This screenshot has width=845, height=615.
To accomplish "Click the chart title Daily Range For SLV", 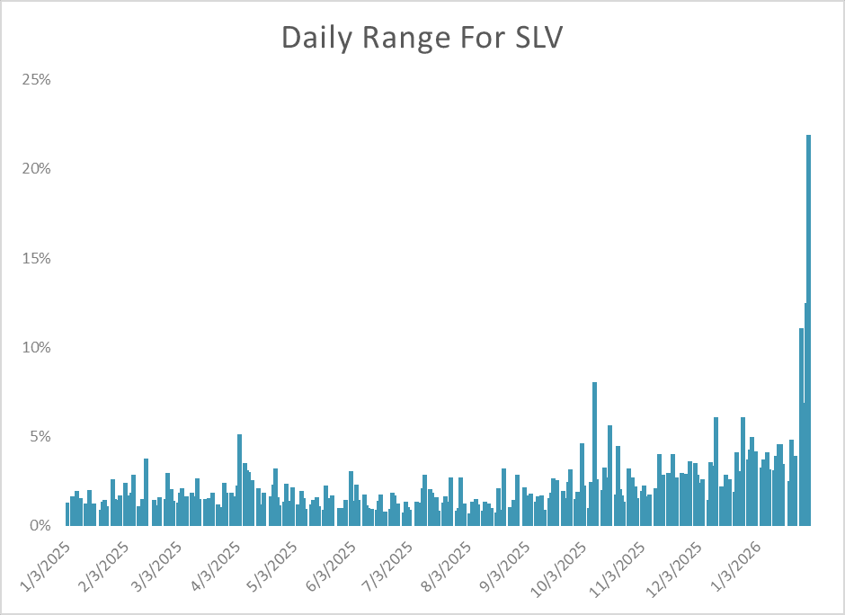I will tap(422, 38).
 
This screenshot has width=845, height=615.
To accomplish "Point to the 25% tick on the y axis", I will tap(37, 79).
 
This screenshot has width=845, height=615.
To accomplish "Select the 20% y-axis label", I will tap(37, 168).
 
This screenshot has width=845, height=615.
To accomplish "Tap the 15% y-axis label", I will tap(37, 258).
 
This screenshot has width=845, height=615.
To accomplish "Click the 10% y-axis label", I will tap(37, 347).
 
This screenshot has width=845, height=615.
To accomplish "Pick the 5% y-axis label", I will tap(40, 436).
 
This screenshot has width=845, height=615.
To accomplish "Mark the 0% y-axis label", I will tap(40, 525).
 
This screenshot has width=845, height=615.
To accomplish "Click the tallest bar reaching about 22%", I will tap(808, 333).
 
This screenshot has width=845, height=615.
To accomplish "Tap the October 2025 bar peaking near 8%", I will tap(594, 454).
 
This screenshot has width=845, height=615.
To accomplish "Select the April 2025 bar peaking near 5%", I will tap(239, 481).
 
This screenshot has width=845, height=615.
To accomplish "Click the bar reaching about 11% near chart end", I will tap(801, 427).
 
